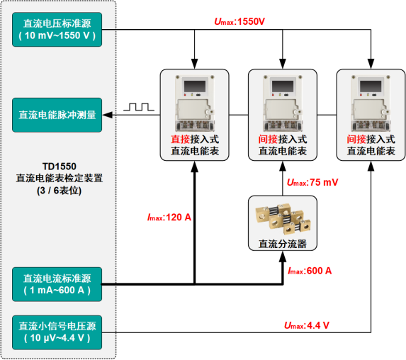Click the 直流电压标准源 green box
coord(57,30)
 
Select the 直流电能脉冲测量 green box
coord(57,115)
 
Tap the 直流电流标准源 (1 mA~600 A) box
coord(57,284)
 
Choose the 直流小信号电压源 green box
coord(57,332)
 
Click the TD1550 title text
coord(60,167)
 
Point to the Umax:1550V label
coord(239,21)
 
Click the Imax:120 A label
coord(169,218)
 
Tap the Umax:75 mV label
coord(312,182)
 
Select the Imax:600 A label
coord(310,271)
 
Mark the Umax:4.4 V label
coord(307,325)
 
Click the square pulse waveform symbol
coord(139,107)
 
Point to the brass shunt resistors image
coord(283,218)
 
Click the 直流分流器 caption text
coord(283,244)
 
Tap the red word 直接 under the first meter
coord(180,140)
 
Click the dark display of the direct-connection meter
coord(195,86)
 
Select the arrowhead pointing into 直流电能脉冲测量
coord(108,115)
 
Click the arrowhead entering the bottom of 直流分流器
coord(283,256)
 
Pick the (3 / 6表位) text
coord(60,191)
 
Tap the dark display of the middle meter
coord(283,86)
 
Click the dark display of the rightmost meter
coord(371,86)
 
